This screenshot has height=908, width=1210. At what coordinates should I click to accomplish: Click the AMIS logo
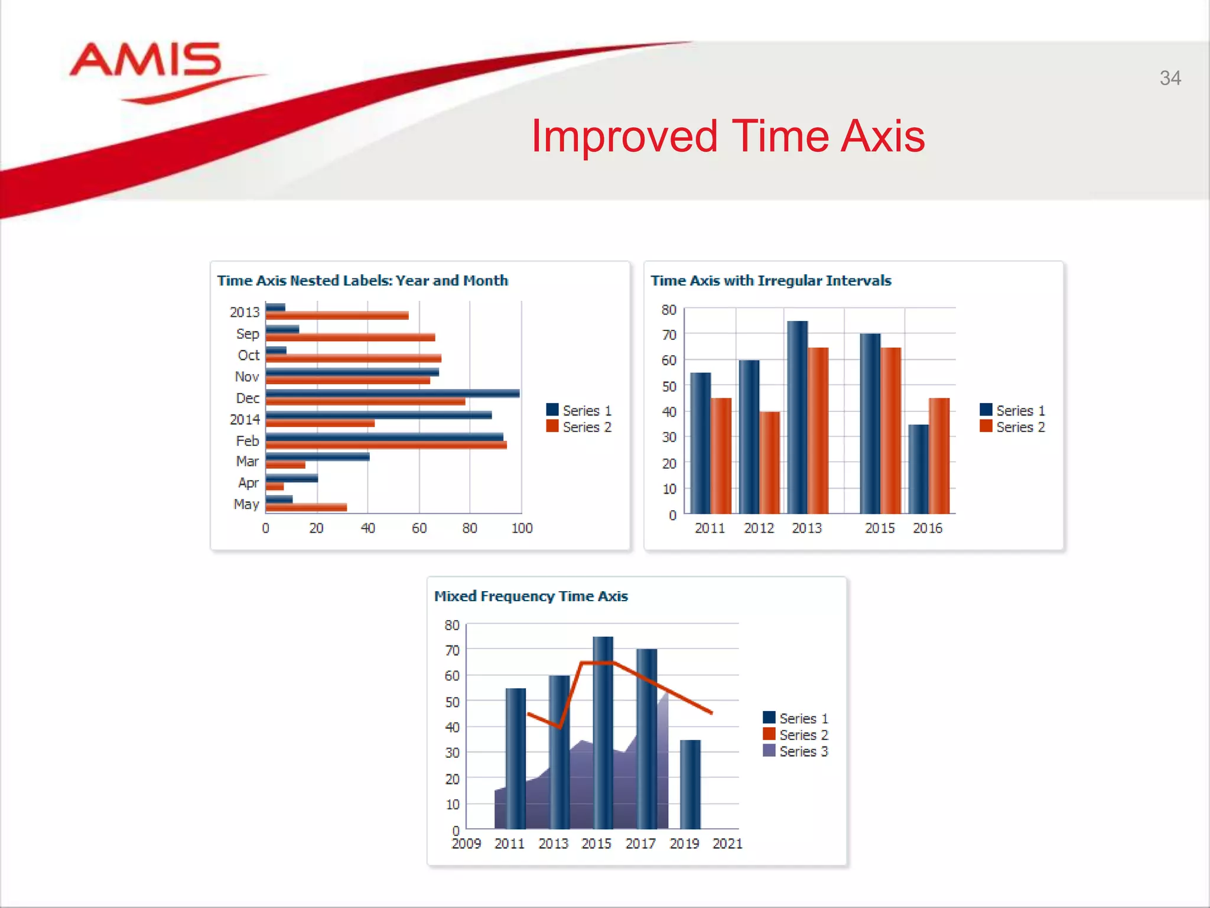[x=147, y=61]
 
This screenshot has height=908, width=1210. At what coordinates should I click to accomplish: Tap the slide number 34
[x=1170, y=78]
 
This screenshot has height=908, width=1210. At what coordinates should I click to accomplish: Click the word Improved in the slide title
[x=624, y=137]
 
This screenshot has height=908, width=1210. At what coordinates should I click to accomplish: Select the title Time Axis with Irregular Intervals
[x=770, y=281]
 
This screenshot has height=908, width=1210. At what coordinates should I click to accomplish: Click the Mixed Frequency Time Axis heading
[x=531, y=596]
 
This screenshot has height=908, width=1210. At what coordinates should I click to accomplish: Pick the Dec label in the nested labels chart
[x=248, y=398]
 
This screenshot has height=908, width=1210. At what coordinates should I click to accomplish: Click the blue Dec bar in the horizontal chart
[x=392, y=393]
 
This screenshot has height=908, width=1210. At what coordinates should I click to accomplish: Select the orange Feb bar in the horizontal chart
[x=386, y=445]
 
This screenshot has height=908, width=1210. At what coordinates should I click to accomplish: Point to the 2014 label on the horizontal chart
[x=245, y=420]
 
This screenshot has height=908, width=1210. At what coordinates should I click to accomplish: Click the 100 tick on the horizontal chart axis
[x=522, y=528]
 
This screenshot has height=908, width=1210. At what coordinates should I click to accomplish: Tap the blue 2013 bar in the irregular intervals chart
[x=797, y=417]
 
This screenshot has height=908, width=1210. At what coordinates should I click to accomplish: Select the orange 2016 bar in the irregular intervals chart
[x=939, y=455]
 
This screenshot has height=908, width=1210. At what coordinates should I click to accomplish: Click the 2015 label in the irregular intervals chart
[x=880, y=528]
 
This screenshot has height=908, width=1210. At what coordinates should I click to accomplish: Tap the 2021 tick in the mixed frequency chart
[x=727, y=844]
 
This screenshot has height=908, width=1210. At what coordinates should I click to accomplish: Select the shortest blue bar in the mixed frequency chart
[x=690, y=784]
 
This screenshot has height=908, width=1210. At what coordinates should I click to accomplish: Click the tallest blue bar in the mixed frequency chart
[x=603, y=733]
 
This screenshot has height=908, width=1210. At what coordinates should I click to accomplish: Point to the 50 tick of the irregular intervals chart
[x=669, y=387]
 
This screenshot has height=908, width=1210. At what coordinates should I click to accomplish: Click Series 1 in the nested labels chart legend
[x=579, y=410]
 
